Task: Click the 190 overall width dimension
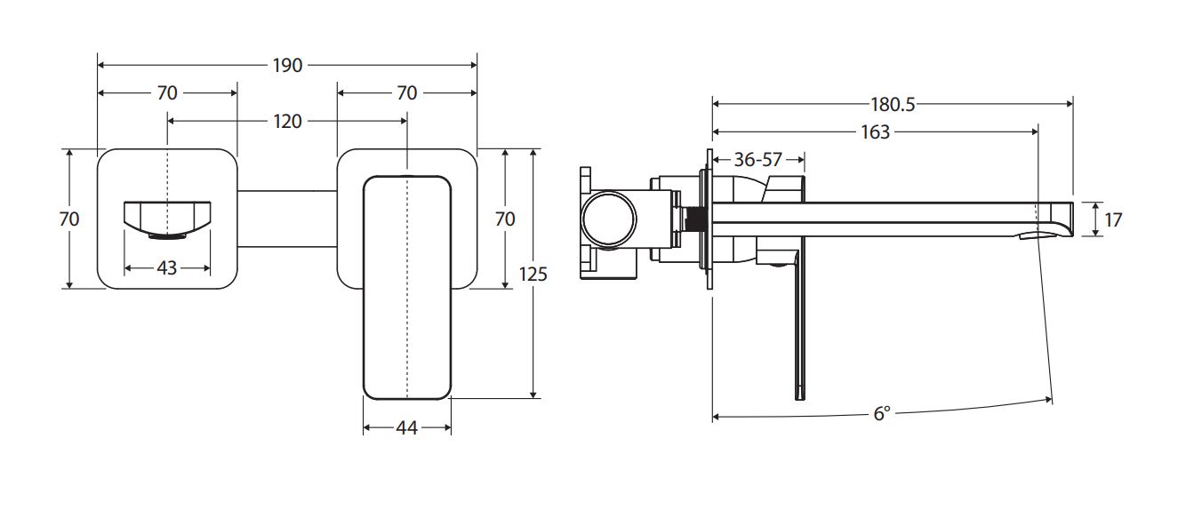[287, 65]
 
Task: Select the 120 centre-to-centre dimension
[287, 121]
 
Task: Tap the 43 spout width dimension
[166, 267]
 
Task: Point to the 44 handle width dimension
[406, 428]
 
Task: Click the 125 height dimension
[533, 274]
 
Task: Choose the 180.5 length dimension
[893, 104]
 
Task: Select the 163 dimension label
[875, 131]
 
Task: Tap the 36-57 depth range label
[757, 160]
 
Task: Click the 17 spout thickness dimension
[1113, 218]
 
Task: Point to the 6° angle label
[881, 413]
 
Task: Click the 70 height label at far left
[69, 219]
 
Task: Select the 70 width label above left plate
[167, 92]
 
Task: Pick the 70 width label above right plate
[406, 92]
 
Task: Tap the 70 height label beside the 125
[505, 219]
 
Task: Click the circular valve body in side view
[608, 219]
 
